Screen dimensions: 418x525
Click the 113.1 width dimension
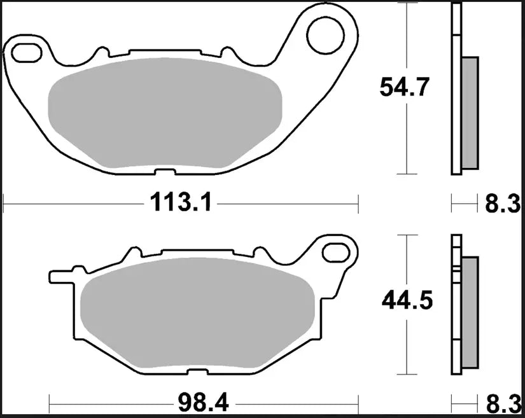point(181,204)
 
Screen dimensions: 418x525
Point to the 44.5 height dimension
point(407,299)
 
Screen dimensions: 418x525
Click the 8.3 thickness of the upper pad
point(503,204)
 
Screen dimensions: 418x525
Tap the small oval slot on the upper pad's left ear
point(25,51)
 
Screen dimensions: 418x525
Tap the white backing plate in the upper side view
point(455,89)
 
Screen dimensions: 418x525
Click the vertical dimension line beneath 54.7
point(406,140)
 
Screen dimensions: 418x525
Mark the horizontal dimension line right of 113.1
point(286,205)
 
